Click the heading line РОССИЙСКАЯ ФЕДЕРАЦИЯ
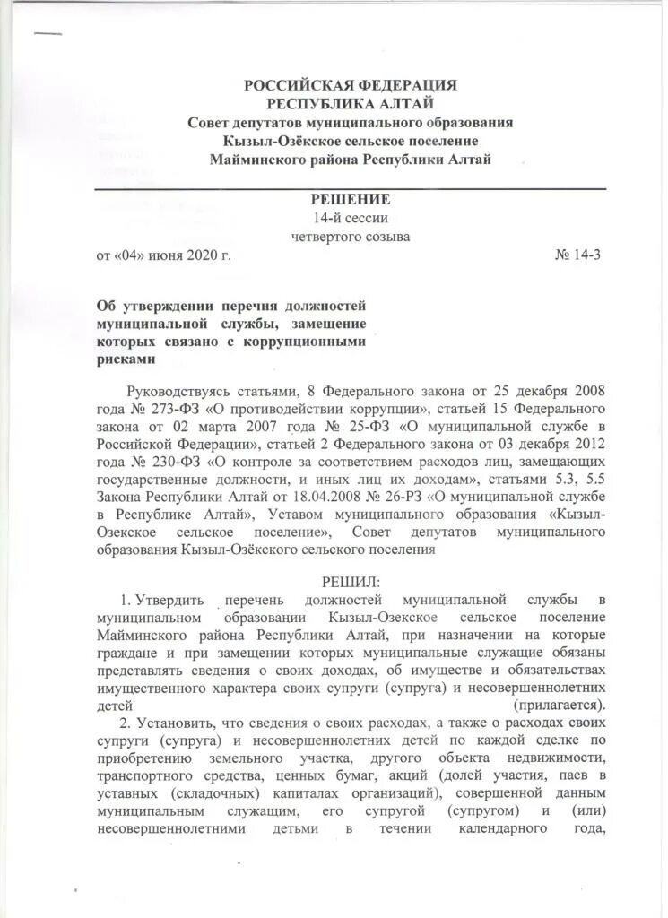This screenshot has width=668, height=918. tap(351, 85)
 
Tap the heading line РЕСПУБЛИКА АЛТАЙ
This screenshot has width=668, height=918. tap(351, 104)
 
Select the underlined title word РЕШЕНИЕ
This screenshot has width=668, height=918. tap(351, 199)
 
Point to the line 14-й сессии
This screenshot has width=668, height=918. tap(351, 218)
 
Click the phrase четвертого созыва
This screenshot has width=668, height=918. tap(351, 237)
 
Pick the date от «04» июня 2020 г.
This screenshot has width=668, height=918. tap(163, 255)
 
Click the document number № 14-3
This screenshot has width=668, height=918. tap(578, 255)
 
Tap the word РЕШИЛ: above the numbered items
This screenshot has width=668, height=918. tap(351, 582)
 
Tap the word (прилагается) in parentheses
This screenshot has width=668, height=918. tap(560, 704)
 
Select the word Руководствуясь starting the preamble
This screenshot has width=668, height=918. tap(178, 392)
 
